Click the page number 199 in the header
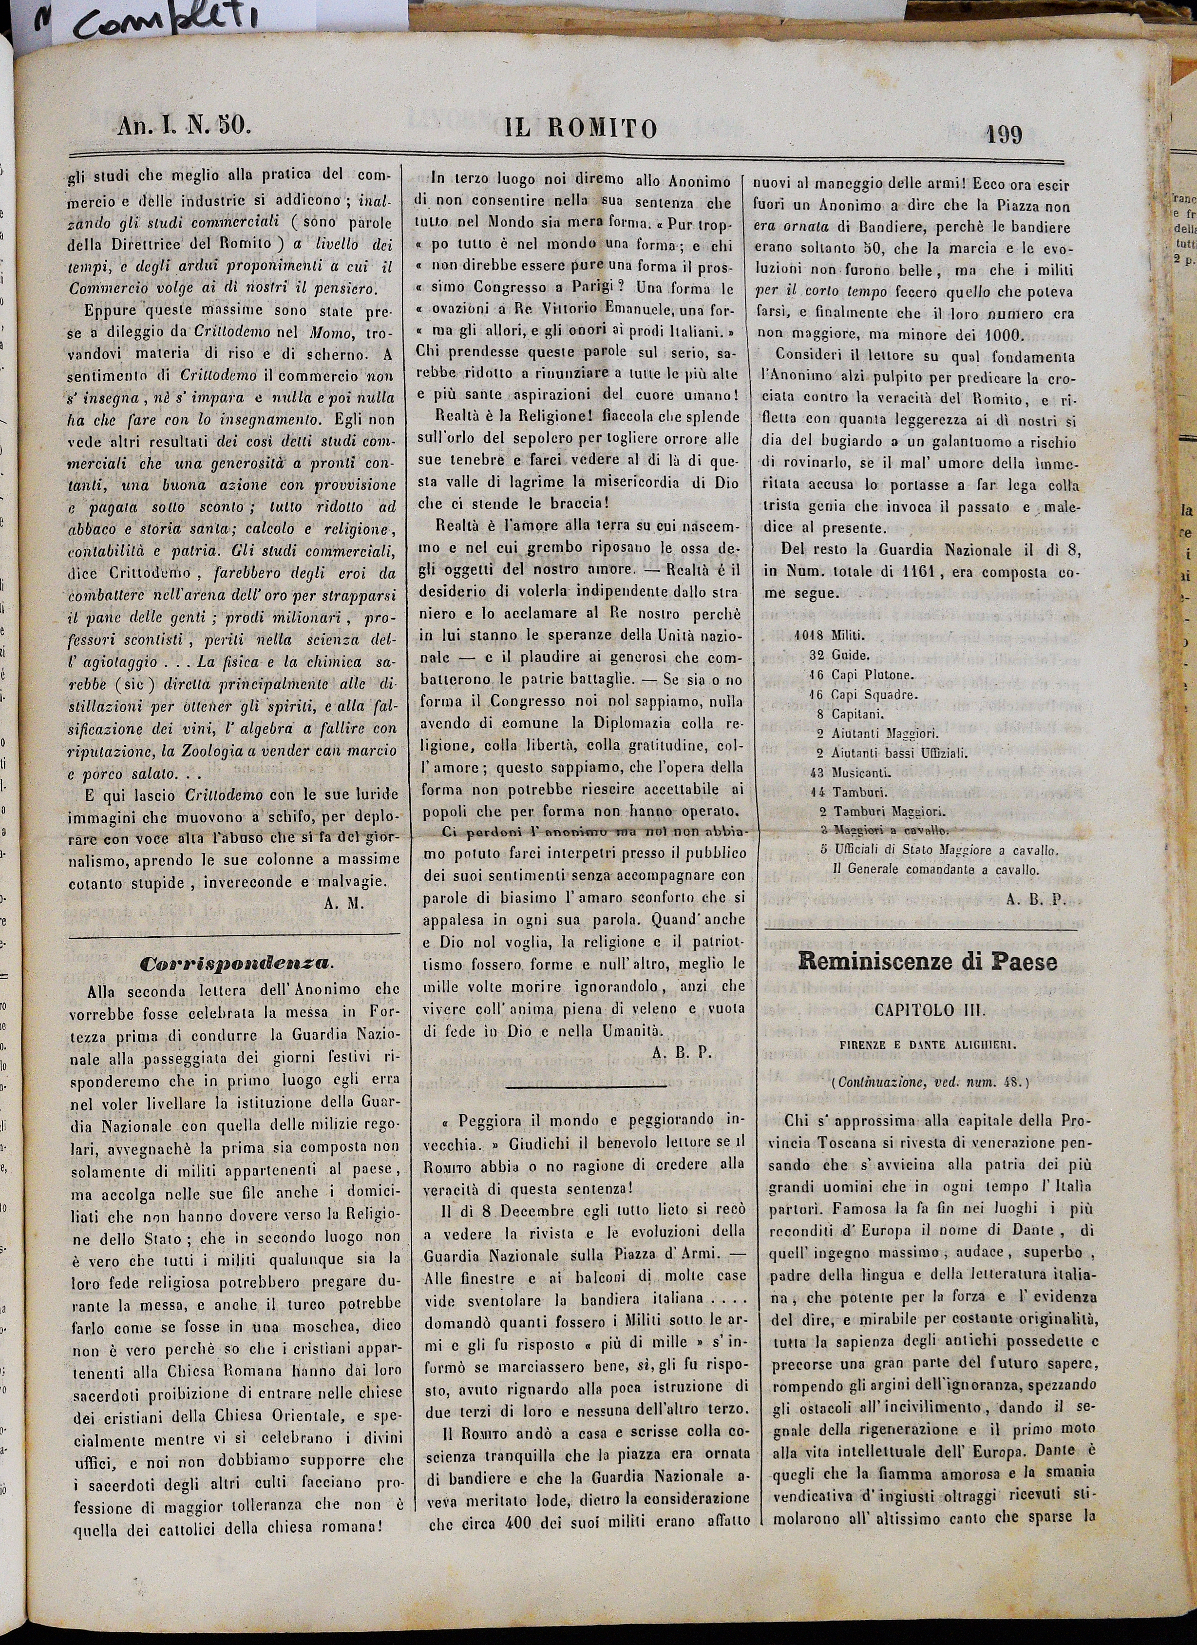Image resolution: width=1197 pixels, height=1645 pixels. pyautogui.click(x=1004, y=134)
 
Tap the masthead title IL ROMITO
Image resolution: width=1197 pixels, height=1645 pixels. pyautogui.click(x=582, y=128)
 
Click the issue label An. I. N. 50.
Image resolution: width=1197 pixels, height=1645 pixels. pyautogui.click(x=184, y=126)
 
